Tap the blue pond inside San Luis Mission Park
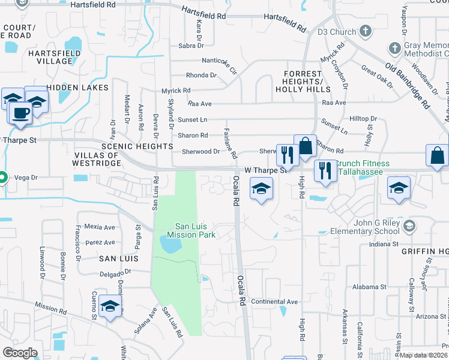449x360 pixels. [170, 245]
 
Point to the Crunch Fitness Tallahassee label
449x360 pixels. [362, 168]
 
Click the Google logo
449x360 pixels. [20, 352]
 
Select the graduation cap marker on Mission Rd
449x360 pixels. [110, 307]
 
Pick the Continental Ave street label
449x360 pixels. [274, 301]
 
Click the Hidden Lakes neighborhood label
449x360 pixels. [77, 88]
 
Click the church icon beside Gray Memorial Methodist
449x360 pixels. [394, 47]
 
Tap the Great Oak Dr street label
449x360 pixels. [377, 80]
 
